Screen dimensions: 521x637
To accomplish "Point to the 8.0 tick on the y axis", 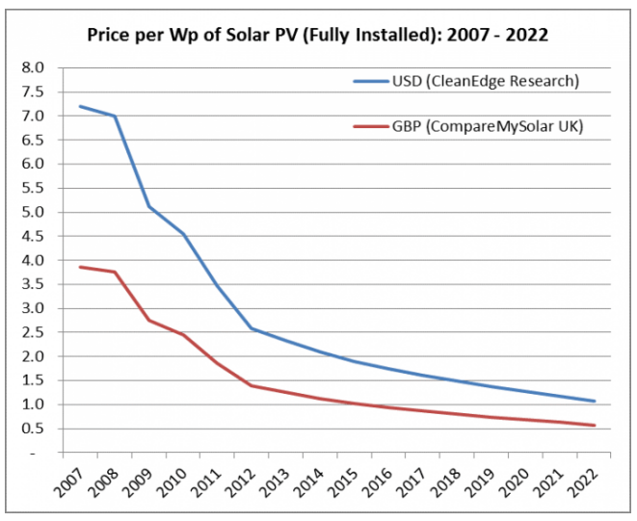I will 34,67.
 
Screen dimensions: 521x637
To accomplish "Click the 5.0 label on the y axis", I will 34,212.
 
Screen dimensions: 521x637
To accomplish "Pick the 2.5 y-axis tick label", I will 34,332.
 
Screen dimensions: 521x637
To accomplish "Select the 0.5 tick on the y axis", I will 34,429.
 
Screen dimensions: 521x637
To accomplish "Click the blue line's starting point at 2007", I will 80,106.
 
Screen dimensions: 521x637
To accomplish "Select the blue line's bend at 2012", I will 252,328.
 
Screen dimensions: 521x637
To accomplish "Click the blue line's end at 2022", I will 595,401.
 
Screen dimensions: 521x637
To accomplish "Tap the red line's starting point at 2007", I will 80,267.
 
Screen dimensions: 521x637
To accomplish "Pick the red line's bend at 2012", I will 252,385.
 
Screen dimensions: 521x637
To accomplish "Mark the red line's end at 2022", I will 595,426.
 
